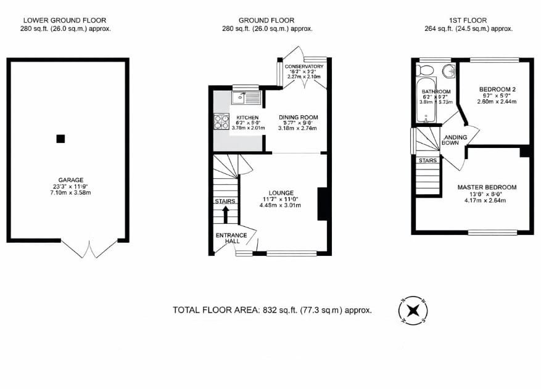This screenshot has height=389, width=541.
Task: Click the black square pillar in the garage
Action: pos(60,139)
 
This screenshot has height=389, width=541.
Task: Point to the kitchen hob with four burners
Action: pos(221,122)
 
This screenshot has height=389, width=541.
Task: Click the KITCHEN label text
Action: pos(247,117)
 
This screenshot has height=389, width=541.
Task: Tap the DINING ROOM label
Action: pos(298,117)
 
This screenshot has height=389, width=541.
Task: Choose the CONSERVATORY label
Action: pos(304,67)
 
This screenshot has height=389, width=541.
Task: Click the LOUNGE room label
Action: pos(281,192)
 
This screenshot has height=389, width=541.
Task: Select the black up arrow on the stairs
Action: pos(225,214)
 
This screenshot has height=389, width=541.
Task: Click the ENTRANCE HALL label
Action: pos(231,238)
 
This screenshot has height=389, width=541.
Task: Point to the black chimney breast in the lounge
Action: pos(322,203)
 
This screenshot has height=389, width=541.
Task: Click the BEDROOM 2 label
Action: pos(497,89)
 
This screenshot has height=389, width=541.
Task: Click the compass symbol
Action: pos(414,310)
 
